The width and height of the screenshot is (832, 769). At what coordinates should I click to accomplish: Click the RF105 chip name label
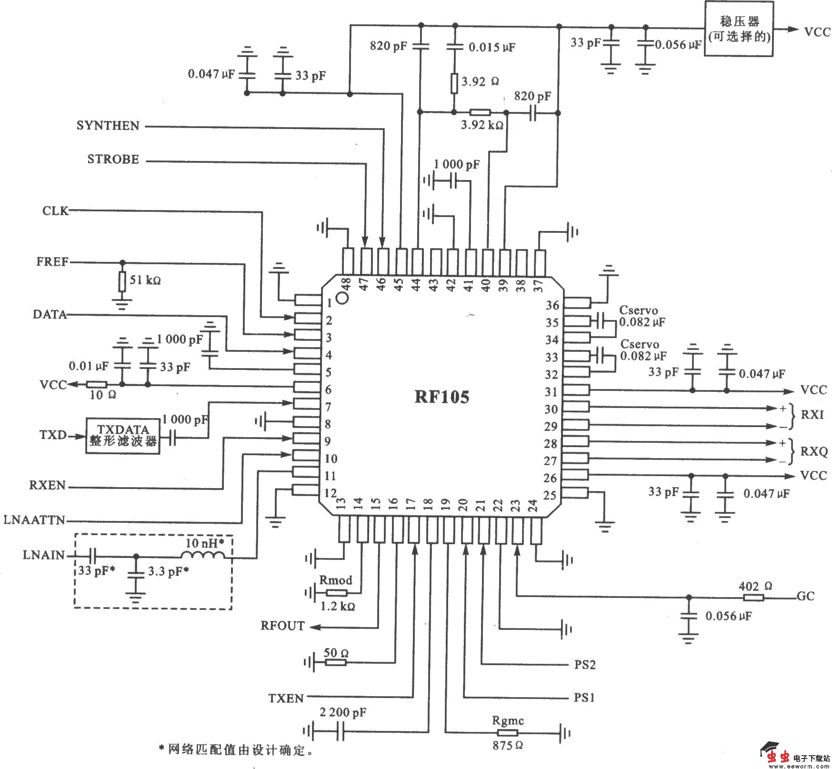(x=442, y=397)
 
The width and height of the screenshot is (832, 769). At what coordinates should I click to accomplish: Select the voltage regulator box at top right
(x=738, y=29)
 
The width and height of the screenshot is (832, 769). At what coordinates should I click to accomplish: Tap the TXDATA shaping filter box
(x=123, y=436)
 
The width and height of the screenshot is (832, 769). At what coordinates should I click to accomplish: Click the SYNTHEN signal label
(x=108, y=126)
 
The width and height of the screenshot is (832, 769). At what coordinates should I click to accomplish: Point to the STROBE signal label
(x=113, y=159)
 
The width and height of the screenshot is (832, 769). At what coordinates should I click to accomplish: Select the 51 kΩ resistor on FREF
(x=122, y=281)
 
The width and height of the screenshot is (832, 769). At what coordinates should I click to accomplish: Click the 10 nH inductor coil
(x=202, y=555)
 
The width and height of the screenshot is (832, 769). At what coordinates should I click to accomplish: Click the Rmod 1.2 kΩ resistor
(x=337, y=593)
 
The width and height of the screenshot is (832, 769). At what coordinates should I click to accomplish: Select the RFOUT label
(x=282, y=626)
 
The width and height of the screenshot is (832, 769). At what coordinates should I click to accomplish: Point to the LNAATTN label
(x=34, y=519)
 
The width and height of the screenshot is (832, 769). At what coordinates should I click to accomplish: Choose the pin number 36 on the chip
(x=552, y=305)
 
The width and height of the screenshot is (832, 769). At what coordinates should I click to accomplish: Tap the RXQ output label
(x=814, y=451)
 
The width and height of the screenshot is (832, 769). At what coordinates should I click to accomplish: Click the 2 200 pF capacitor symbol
(x=340, y=731)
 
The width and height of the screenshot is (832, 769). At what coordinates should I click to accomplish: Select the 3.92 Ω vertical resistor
(x=454, y=83)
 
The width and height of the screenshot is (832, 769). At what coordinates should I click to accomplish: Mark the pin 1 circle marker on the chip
(x=342, y=299)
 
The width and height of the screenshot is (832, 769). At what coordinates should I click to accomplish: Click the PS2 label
(x=584, y=664)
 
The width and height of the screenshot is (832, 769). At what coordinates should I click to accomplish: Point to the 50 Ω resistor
(x=335, y=662)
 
